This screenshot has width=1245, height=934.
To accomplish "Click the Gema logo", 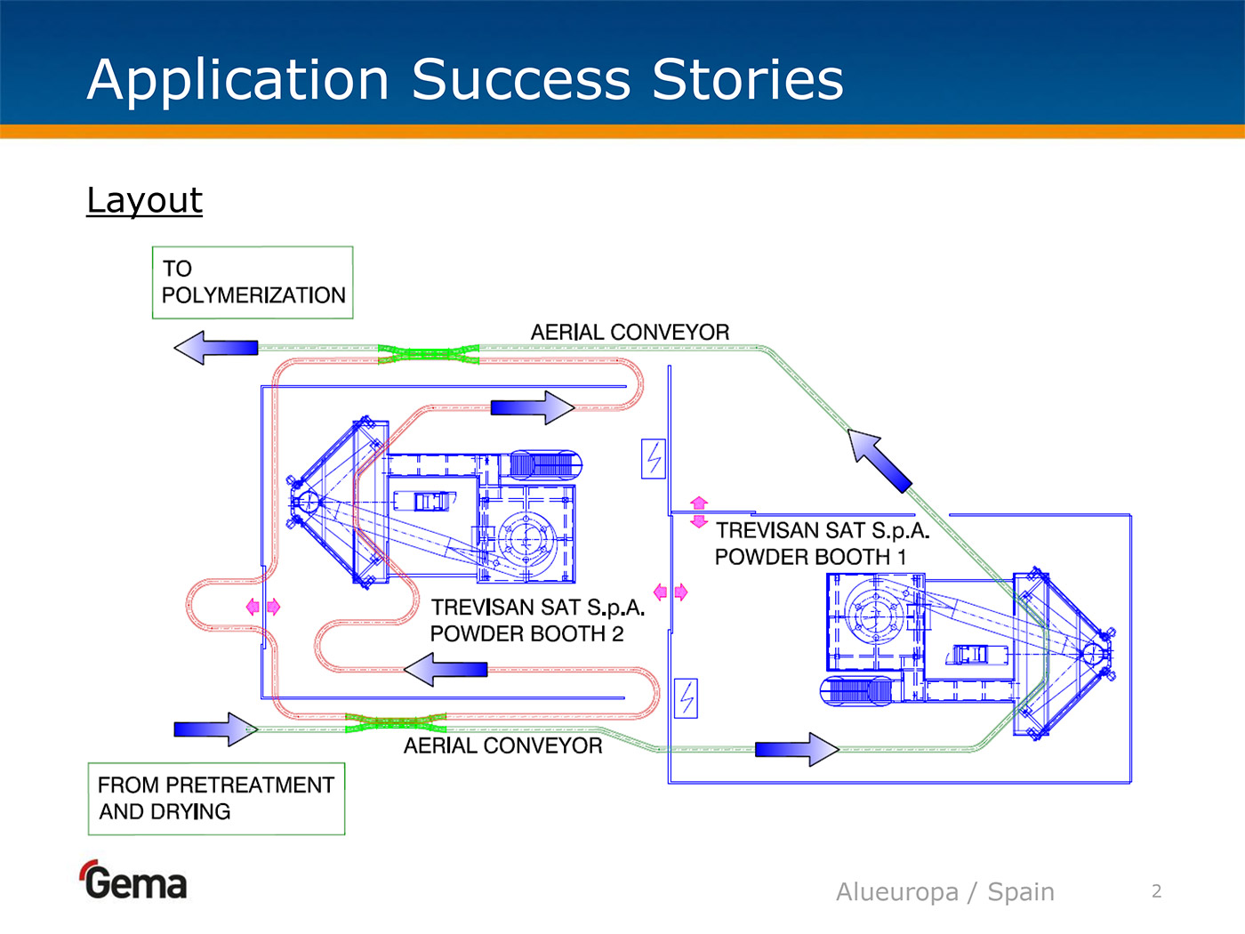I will point(134,882).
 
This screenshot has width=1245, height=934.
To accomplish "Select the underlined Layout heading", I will point(144,200).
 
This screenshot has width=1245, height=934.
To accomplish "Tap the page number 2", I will point(1156,891).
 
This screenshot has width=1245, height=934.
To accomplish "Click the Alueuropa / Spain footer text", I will point(944,891).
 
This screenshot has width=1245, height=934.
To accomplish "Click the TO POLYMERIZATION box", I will point(253,283).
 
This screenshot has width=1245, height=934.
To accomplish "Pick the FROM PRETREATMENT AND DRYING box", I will point(216,799).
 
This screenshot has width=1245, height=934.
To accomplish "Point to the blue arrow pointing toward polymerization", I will point(216,348).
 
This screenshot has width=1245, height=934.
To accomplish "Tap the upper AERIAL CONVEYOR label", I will point(630,332).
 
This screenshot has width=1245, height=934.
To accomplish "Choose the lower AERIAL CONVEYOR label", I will point(502,745).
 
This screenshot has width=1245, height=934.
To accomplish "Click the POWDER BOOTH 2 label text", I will point(527,633).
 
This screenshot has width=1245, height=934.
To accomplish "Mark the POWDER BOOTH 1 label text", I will point(811,557).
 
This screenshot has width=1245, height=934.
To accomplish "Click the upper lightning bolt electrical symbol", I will point(654,459).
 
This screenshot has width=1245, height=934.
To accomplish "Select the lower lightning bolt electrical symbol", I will point(686,698).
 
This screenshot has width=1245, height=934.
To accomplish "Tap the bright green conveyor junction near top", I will point(429,354).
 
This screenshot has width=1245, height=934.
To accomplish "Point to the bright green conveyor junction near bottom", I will point(396,722).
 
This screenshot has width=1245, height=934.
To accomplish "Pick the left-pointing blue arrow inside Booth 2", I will point(446,669).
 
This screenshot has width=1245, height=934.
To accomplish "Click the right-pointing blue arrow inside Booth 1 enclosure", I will point(797,749).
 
